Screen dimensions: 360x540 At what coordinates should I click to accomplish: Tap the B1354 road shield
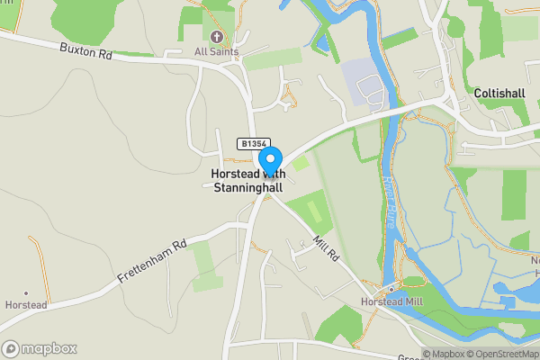pyautogui.click(x=254, y=143)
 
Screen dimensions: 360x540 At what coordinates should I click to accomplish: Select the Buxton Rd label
pyautogui.click(x=86, y=50)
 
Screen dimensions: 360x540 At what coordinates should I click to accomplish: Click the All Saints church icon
pyautogui.click(x=217, y=37)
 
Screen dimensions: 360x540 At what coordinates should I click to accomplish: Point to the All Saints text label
pyautogui.click(x=217, y=52)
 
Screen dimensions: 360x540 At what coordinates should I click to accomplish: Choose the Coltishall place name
pyautogui.click(x=505, y=94)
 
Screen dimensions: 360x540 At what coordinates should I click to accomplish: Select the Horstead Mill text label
pyautogui.click(x=391, y=302)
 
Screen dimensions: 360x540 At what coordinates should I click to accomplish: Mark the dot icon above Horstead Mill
pyautogui.click(x=391, y=290)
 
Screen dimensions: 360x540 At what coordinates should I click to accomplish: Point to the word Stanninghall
pyautogui.click(x=247, y=187)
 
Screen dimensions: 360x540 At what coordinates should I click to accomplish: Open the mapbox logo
pyautogui.click(x=40, y=348)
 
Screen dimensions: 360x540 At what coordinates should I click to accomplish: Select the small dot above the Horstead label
pyautogui.click(x=26, y=293)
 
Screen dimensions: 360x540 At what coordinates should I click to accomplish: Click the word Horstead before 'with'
pyautogui.click(x=233, y=174)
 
